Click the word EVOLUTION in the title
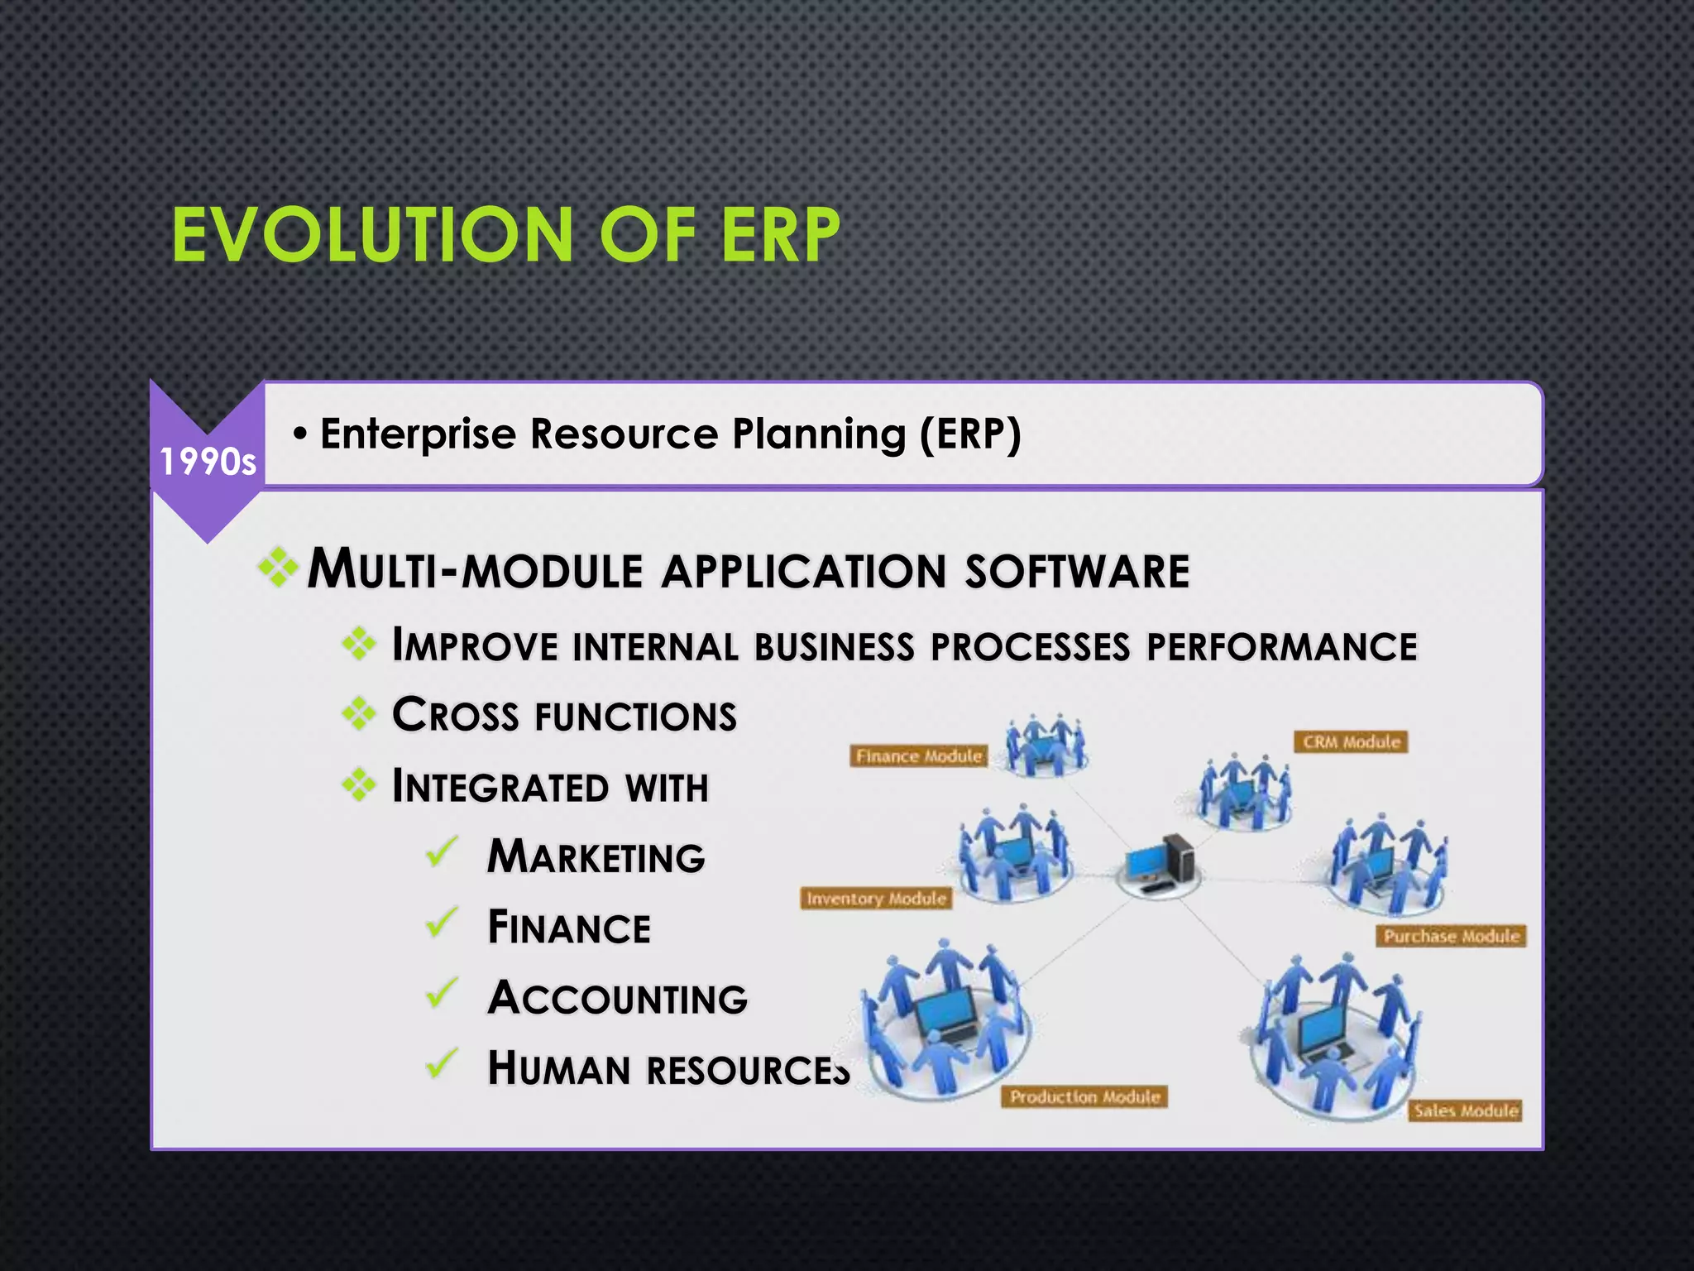click(x=372, y=236)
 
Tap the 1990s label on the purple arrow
click(x=208, y=462)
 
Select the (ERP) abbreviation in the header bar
click(x=971, y=433)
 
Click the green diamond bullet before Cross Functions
click(x=359, y=713)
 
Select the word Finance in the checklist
click(x=569, y=927)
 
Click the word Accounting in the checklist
click(x=617, y=997)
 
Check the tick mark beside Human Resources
click(x=442, y=1064)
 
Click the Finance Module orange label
click(x=919, y=756)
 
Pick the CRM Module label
click(x=1352, y=742)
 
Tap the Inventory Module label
click(x=876, y=899)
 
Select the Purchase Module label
click(x=1452, y=936)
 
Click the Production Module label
click(x=1085, y=1097)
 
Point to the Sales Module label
click(x=1466, y=1110)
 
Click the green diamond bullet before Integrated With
click(x=359, y=784)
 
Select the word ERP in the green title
click(x=780, y=236)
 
